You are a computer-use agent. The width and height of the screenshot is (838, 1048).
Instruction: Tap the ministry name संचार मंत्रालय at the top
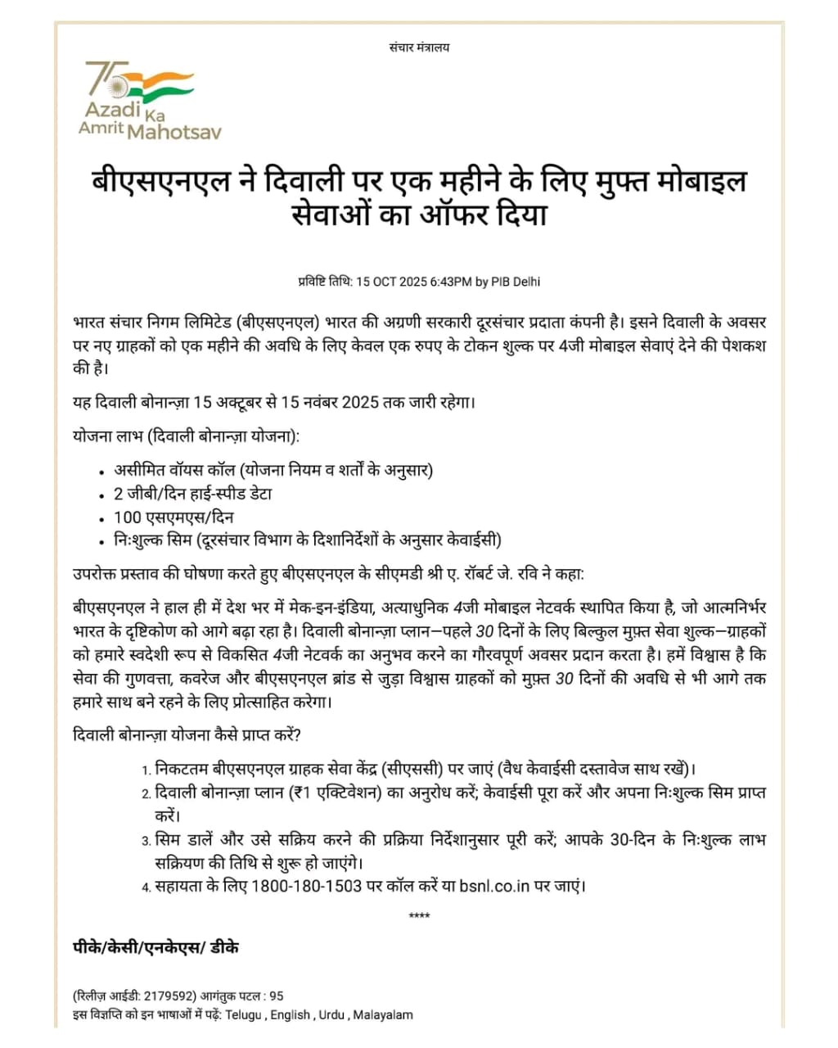click(419, 47)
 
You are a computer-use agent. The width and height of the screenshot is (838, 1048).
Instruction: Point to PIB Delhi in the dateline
click(516, 282)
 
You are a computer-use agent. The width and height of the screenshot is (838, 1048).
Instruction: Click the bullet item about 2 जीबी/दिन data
click(193, 494)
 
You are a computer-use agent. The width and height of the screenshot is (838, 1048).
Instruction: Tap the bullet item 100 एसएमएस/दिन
click(173, 517)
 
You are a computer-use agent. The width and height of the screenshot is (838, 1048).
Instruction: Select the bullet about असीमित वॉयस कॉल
click(273, 470)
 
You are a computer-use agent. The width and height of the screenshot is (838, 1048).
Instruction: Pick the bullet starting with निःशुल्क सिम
click(308, 540)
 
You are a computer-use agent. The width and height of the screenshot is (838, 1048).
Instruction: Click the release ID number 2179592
click(169, 996)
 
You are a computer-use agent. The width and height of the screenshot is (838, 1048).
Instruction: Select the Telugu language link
click(243, 1015)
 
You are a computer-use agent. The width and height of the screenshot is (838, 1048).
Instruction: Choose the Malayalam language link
click(382, 1015)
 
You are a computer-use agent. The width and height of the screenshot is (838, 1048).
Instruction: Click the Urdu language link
click(331, 1015)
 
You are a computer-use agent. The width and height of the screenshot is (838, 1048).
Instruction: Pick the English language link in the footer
click(290, 1015)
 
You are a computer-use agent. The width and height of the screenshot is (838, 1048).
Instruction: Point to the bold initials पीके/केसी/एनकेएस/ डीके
click(155, 947)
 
